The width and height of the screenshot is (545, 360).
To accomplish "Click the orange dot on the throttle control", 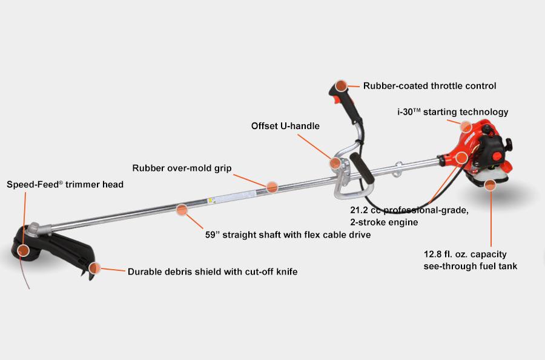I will click(342, 86).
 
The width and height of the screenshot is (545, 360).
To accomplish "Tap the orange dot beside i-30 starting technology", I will click(465, 126).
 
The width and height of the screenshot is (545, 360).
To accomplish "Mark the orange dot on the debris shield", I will click(94, 268).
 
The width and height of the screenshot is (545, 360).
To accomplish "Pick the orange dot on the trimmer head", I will click(24, 250).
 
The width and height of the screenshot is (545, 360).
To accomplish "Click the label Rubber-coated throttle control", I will click(429, 86).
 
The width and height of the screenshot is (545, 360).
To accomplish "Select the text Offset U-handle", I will click(285, 126).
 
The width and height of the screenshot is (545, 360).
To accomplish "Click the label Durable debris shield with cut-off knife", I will click(213, 272).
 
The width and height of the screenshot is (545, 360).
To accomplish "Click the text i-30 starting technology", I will click(452, 112).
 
